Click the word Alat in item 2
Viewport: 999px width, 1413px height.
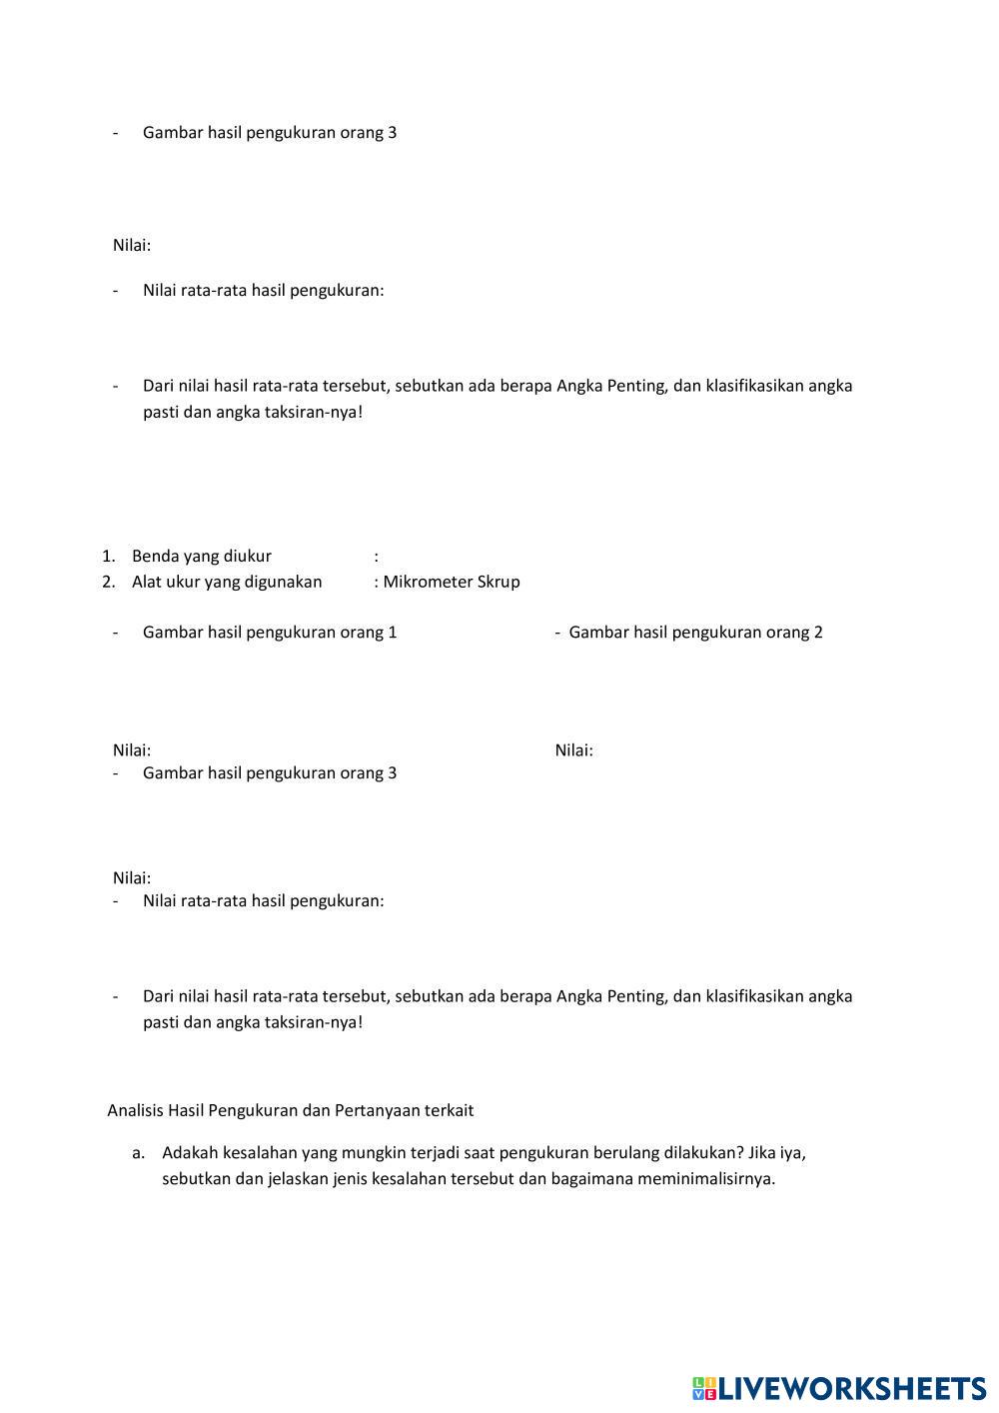click(x=147, y=582)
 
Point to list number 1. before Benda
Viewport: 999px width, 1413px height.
click(x=109, y=556)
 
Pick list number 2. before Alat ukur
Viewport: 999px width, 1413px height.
click(x=109, y=582)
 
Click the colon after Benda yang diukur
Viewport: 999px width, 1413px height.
click(x=377, y=556)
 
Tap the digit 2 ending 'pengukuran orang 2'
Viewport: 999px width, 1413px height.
click(x=818, y=632)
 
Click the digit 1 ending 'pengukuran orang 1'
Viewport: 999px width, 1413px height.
click(x=393, y=632)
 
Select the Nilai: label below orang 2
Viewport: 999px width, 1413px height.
click(x=573, y=750)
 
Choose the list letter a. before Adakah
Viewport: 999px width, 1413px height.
click(x=139, y=1153)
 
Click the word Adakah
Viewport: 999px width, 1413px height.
click(x=190, y=1153)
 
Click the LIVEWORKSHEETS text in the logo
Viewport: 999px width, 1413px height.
click(x=852, y=1388)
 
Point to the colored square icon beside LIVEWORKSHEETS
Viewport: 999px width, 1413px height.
click(x=704, y=1388)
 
